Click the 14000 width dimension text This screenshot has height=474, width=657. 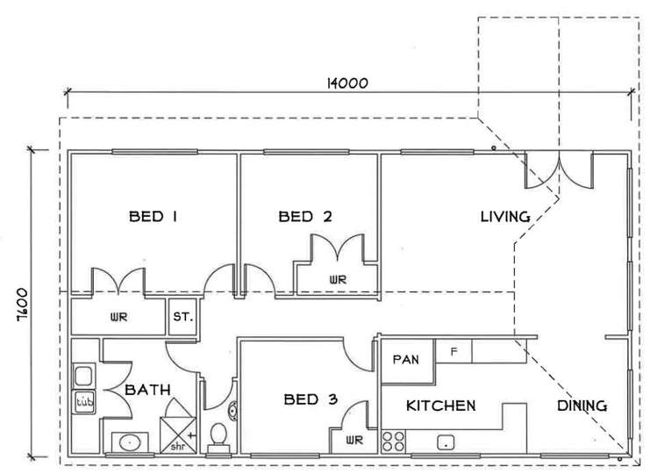coord(346,83)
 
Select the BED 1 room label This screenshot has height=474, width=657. coord(153,216)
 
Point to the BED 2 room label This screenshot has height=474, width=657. coord(305,216)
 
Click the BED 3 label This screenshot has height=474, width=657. coord(311,400)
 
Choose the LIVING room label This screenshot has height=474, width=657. coord(505,216)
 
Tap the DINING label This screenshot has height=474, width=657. coord(582,406)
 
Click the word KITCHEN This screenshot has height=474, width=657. coord(440,406)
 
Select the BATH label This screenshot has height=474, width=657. coord(146,389)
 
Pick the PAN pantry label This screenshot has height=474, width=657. coord(405,359)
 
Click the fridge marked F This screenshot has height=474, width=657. coord(453,352)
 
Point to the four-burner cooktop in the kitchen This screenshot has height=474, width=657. coord(393,441)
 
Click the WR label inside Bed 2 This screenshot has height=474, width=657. coord(337,279)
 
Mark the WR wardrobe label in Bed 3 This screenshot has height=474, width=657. coord(353,440)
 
